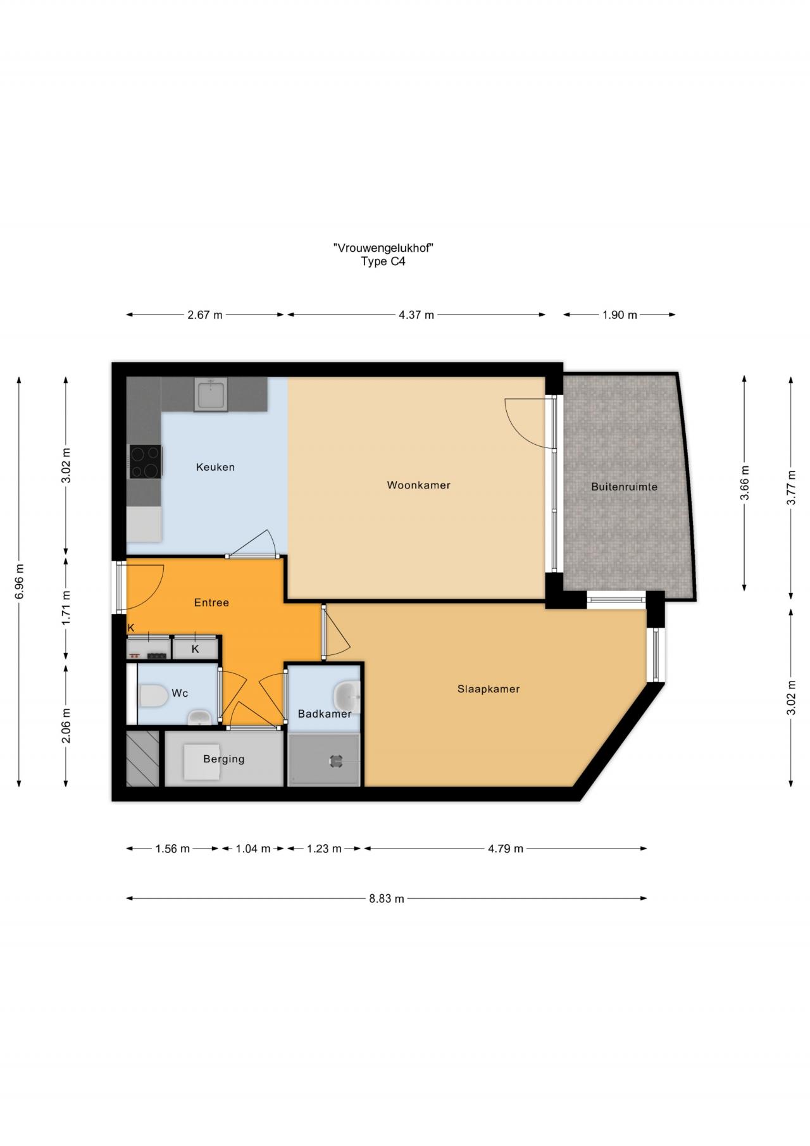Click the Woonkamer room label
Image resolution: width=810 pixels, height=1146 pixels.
tap(418, 485)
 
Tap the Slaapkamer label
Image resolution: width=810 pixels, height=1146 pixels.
tap(489, 689)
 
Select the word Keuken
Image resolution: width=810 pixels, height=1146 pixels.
tap(215, 467)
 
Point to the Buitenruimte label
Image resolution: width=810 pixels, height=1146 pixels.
tap(624, 487)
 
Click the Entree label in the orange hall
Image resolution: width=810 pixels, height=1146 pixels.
tap(211, 602)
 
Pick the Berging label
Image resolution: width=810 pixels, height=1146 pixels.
tap(223, 759)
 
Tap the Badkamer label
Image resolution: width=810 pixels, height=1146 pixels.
tap(325, 714)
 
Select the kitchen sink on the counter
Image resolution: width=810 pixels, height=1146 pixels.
tap(211, 395)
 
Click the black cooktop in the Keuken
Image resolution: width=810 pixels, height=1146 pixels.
tap(146, 461)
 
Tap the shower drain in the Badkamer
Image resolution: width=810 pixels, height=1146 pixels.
tap(335, 761)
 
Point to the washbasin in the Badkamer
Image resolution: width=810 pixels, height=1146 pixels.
tap(347, 696)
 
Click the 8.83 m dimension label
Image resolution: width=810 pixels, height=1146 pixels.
tap(387, 899)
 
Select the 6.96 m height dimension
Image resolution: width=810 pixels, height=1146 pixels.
tap(20, 582)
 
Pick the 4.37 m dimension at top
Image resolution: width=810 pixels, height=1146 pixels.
tap(416, 315)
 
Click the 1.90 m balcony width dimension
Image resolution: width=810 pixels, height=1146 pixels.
tap(620, 315)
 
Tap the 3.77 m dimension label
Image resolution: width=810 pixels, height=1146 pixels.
tap(791, 487)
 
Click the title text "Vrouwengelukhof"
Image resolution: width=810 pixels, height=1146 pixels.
tap(383, 248)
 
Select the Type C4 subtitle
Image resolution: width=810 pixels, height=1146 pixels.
tap(383, 261)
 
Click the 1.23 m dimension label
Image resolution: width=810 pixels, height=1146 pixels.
tap(324, 849)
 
